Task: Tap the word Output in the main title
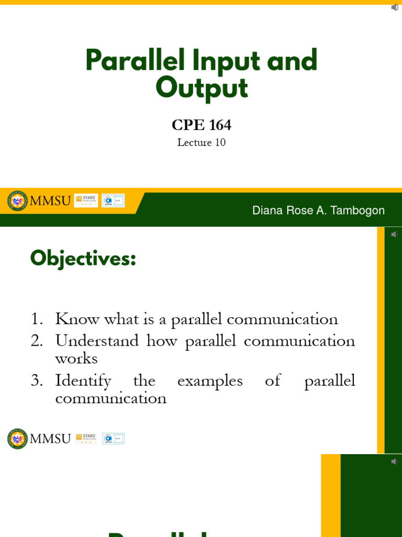[x=202, y=88]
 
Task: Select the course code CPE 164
[x=202, y=125]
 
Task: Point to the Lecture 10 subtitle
[x=202, y=142]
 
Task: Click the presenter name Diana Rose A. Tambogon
[x=318, y=210]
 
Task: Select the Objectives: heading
[x=83, y=259]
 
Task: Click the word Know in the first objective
[x=77, y=319]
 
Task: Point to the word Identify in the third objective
[x=83, y=381]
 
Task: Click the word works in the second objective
[x=76, y=359]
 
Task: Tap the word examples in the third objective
[x=210, y=381]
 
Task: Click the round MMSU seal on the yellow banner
[x=17, y=200]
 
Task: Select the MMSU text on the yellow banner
[x=50, y=201]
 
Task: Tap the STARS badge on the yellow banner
[x=86, y=200]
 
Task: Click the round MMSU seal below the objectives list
[x=17, y=438]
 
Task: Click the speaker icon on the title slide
[x=395, y=7]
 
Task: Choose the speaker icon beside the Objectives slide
[x=395, y=234]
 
